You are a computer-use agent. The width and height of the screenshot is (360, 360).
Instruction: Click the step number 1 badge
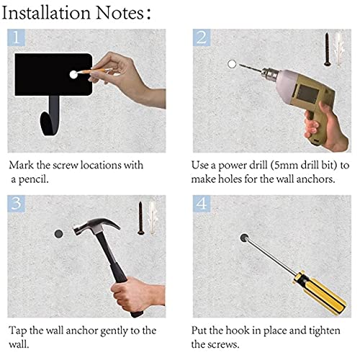tap(16, 37)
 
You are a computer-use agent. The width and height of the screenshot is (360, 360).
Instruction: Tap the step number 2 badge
tap(202, 37)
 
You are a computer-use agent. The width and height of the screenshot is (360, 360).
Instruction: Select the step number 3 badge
tap(16, 204)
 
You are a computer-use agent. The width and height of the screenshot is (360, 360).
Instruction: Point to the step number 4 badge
tap(202, 204)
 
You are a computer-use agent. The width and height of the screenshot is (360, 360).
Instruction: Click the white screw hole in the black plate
tap(73, 74)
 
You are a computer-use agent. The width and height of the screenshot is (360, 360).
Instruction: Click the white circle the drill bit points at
tap(232, 64)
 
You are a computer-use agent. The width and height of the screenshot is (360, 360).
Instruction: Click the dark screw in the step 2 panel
tap(327, 50)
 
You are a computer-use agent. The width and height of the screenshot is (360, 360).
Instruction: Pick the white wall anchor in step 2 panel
tap(339, 49)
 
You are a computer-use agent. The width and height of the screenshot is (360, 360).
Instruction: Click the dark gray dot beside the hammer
tap(58, 233)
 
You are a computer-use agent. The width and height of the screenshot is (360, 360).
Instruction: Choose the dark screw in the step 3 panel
tap(140, 218)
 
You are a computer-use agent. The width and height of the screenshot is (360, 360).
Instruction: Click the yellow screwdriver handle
tap(320, 292)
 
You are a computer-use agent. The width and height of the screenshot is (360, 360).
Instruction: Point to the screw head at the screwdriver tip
tap(244, 238)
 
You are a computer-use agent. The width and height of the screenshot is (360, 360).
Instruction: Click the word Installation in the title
tap(46, 13)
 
